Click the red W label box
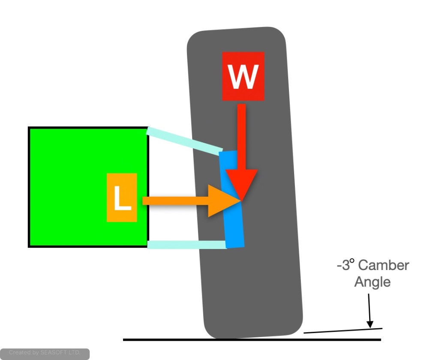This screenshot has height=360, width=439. pyautogui.click(x=243, y=75)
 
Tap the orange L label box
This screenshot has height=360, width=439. pyautogui.click(x=122, y=198)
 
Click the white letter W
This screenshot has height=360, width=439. pyautogui.click(x=243, y=76)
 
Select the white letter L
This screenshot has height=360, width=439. pyautogui.click(x=123, y=198)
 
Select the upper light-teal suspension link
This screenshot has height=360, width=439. pyautogui.click(x=183, y=141)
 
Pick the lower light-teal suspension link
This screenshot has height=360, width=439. pyautogui.click(x=187, y=245)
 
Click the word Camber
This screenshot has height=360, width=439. pyautogui.click(x=383, y=265)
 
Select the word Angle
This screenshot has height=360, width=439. pyautogui.click(x=372, y=282)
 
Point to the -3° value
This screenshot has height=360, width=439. pyautogui.click(x=346, y=265)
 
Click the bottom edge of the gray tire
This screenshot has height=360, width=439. pyautogui.click(x=253, y=337)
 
